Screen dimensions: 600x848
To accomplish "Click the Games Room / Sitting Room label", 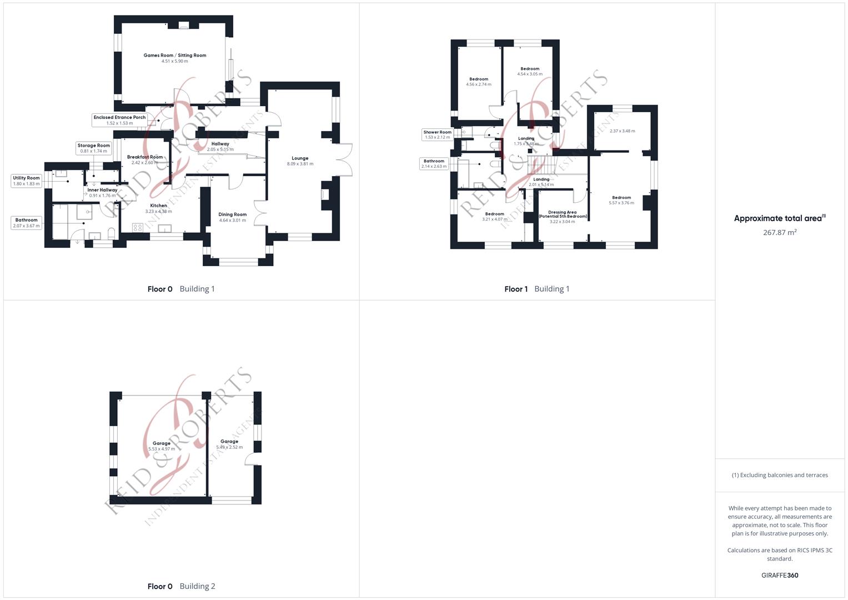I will tap(174, 56).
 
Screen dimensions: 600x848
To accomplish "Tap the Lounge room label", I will tap(300, 158).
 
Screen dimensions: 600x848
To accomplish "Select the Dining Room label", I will tap(232, 214).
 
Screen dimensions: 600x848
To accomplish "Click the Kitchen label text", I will tap(158, 206).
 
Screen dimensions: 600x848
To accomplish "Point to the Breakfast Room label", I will tap(144, 157).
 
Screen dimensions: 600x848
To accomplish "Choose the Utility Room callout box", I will tap(26, 181).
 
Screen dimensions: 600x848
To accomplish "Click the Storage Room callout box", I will tap(93, 148).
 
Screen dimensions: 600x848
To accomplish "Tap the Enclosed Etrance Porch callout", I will tap(119, 120).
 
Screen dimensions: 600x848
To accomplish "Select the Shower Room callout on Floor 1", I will tap(437, 135).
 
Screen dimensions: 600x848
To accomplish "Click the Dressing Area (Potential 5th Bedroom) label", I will tap(562, 214).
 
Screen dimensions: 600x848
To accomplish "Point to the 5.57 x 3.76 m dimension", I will tap(621, 203).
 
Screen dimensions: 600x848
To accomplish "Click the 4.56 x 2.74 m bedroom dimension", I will tap(479, 84).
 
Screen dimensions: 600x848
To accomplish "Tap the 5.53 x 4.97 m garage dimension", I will tap(162, 449).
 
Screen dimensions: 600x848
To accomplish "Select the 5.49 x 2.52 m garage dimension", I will tap(229, 447).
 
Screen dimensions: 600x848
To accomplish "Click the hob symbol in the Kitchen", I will tap(138, 227).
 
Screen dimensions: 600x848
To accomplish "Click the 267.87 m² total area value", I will tap(780, 233).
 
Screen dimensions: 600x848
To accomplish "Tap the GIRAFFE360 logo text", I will tap(780, 576).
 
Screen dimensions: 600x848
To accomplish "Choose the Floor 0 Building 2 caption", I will tap(181, 586).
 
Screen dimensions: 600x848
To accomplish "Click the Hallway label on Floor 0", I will tap(220, 144).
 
